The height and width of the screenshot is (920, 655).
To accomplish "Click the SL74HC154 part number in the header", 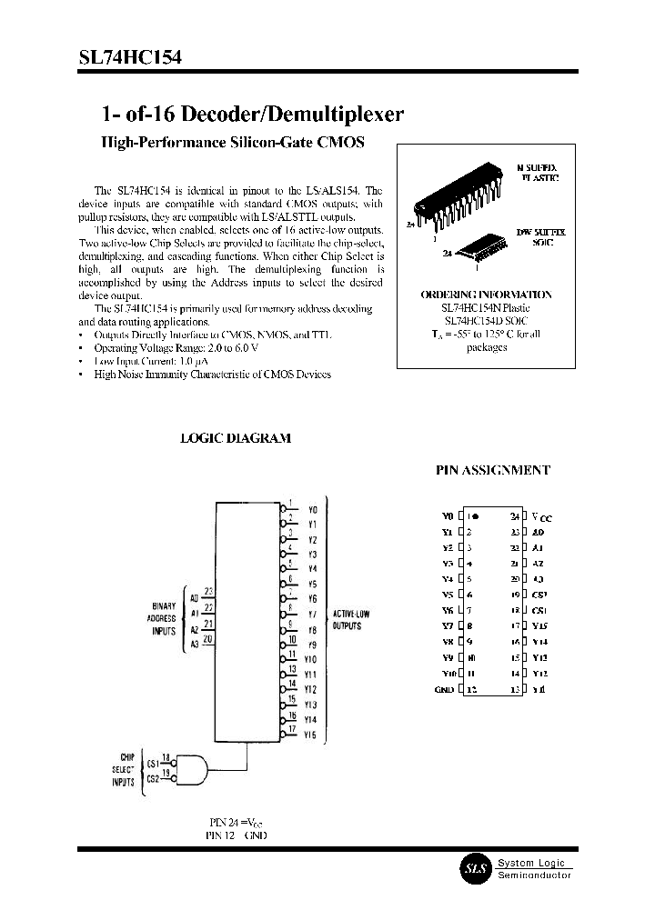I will tap(129, 56).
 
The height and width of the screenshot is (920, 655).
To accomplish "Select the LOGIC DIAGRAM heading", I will tap(236, 437).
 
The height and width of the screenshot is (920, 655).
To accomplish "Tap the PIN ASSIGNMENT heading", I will tap(494, 470).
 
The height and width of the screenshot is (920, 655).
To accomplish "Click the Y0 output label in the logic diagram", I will tap(312, 510).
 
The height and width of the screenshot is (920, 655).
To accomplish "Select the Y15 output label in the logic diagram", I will tap(310, 734).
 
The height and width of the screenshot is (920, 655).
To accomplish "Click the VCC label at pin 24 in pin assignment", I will tap(542, 516).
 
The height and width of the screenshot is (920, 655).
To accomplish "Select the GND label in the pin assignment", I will tap(443, 689).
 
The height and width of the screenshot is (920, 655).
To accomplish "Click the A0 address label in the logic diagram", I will tap(194, 597).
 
